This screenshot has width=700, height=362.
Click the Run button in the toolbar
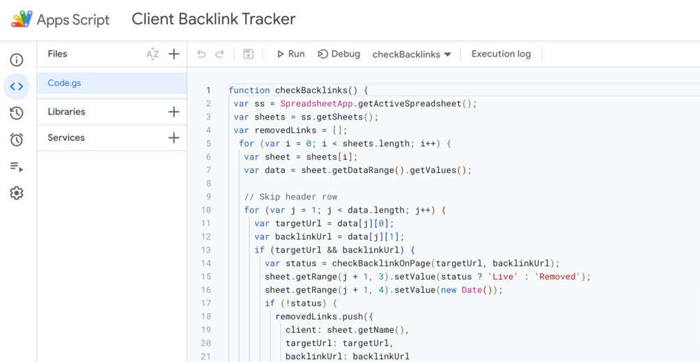click(x=290, y=54)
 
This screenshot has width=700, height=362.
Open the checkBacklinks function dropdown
click(x=412, y=54)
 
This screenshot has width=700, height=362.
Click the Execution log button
click(x=501, y=54)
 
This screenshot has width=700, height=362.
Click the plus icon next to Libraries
click(x=173, y=112)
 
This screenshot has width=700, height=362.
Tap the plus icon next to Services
click(x=173, y=137)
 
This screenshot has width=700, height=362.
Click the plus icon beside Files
click(x=173, y=54)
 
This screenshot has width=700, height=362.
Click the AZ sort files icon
click(x=153, y=54)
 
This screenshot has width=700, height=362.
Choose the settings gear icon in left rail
click(x=17, y=193)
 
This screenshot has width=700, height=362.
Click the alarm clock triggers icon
click(x=17, y=140)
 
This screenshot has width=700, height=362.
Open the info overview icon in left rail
click(x=17, y=60)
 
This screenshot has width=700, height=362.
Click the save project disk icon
click(x=248, y=54)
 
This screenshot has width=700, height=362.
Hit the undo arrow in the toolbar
click(x=201, y=54)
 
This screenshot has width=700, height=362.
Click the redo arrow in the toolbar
click(x=219, y=54)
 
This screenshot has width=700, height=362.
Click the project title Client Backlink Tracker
click(x=213, y=20)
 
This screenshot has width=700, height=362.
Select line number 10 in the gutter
click(x=205, y=210)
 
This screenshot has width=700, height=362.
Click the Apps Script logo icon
click(x=22, y=20)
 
